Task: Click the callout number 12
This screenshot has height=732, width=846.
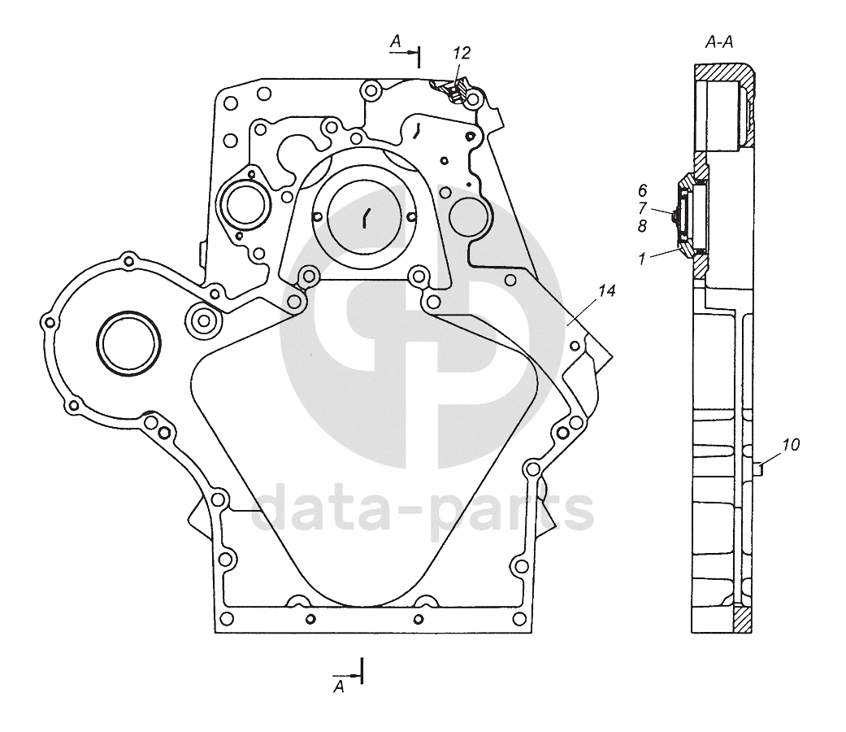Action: pos(462,53)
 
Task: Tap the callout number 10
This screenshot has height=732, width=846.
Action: pos(791,444)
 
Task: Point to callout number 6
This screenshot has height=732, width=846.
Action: pos(642,190)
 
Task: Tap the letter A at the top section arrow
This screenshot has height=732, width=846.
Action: pos(396,41)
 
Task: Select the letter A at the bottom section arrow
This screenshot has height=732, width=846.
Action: pos(340,687)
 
